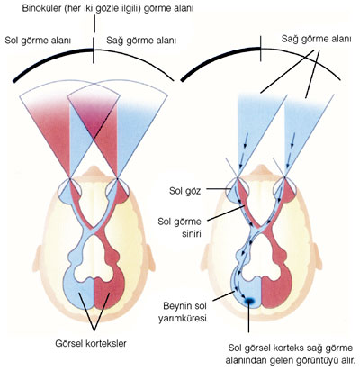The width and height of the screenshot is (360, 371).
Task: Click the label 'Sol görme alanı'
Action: click(38, 41)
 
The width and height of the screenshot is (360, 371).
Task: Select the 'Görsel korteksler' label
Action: click(91, 343)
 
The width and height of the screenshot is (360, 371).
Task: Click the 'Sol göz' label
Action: click(185, 191)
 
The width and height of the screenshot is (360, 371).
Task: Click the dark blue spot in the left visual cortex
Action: click(249, 301)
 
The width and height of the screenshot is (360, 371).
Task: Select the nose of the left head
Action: click(94, 171)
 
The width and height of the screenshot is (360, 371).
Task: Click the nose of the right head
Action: click(261, 170)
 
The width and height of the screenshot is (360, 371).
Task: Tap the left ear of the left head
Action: click(39, 258)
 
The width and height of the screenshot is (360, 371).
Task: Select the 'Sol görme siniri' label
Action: click(179, 227)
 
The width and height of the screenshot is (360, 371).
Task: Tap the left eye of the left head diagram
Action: click(69, 192)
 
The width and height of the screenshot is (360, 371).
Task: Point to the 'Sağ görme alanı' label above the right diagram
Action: click(316, 39)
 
